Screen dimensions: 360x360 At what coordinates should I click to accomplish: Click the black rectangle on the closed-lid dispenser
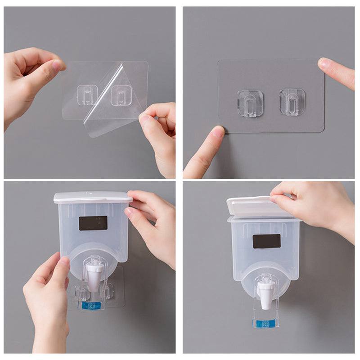coord(93,223)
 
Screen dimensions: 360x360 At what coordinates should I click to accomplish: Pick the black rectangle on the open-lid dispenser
coord(266,241)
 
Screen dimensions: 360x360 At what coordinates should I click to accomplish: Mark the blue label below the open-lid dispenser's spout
coord(265,324)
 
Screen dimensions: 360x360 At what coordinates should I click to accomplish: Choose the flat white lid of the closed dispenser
coord(93,197)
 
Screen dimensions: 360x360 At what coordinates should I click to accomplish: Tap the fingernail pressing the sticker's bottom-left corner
coord(218,132)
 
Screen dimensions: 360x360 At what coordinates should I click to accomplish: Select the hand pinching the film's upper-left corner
coord(29,81)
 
